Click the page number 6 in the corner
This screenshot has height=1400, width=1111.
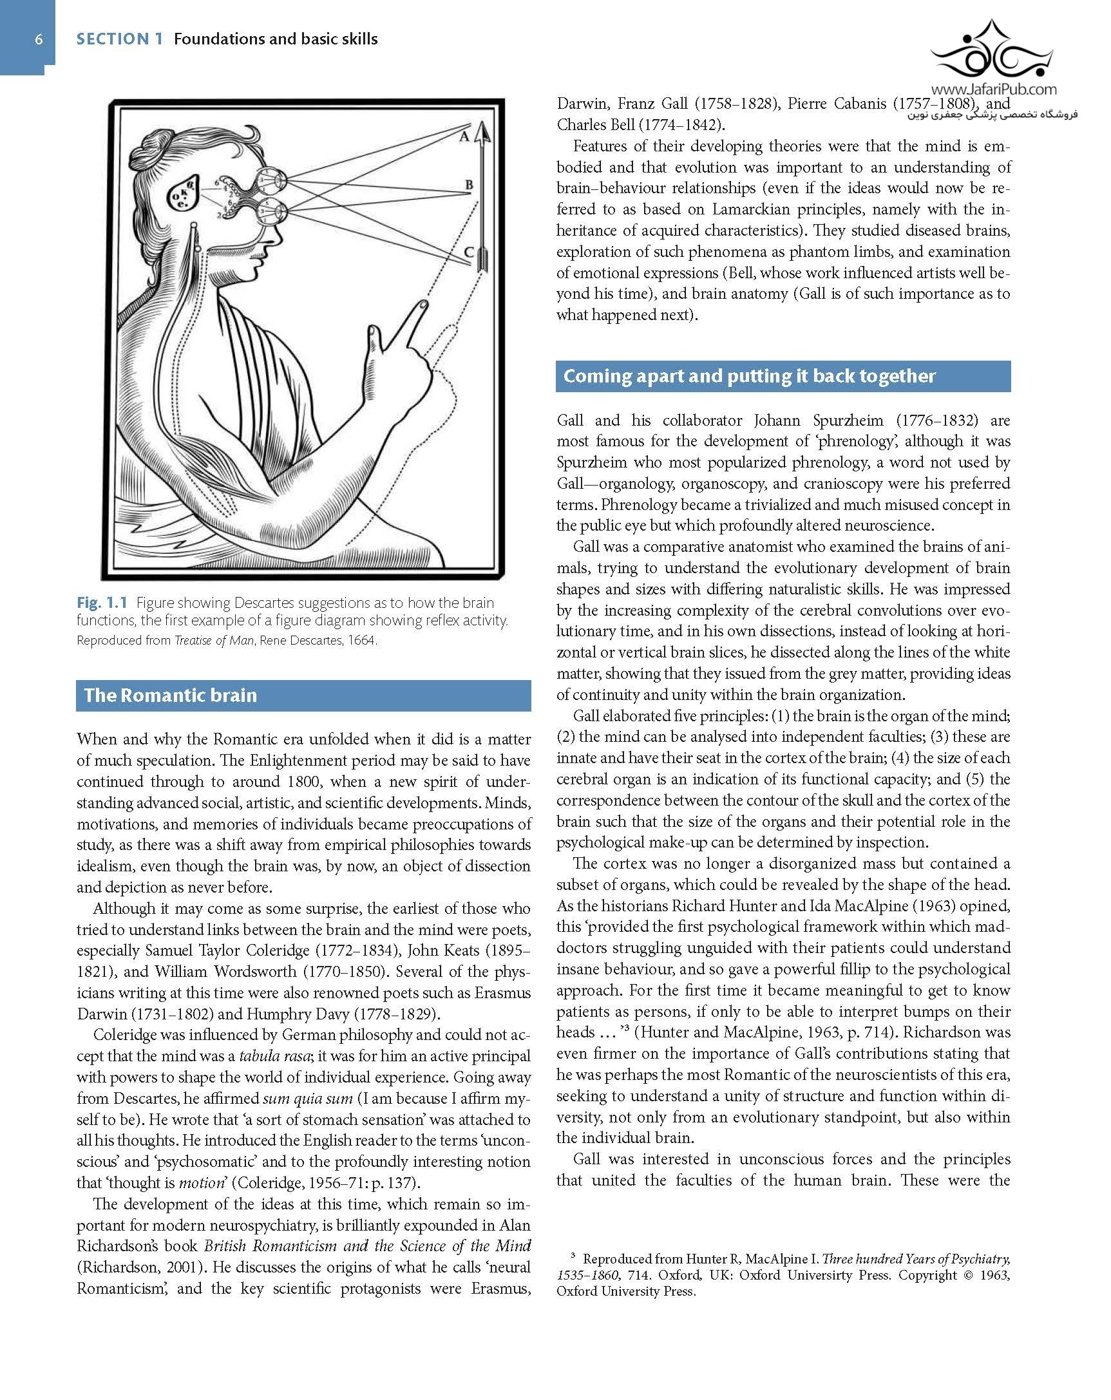coord(39,40)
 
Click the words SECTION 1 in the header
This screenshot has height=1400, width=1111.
coord(120,40)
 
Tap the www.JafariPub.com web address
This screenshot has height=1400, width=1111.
coord(993,90)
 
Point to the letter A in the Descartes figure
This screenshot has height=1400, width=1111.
coord(464,137)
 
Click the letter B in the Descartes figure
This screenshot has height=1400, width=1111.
coord(469,185)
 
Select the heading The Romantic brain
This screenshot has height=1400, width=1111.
coord(171,695)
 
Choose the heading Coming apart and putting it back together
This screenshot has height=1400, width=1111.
coord(748,377)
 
